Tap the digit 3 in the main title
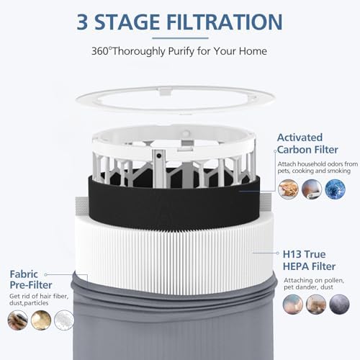point(82,22)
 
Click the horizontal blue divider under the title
point(180,38)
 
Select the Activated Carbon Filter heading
point(307,143)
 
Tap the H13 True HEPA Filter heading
point(309,260)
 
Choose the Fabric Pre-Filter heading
point(31,279)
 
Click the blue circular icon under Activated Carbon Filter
point(335,189)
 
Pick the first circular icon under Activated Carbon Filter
point(288,189)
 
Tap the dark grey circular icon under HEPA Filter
point(339,305)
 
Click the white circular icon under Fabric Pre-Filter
point(64,320)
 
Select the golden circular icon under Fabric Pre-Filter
point(41,320)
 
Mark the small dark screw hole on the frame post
point(158,156)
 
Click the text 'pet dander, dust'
point(308,287)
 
